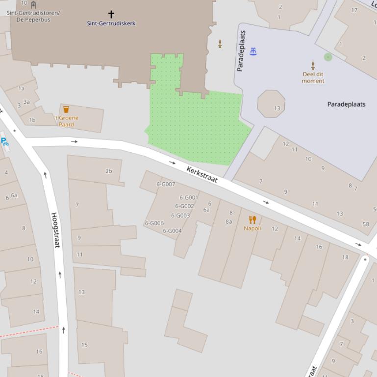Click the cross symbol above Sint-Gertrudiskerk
(111, 14)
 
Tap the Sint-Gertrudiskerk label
(111, 23)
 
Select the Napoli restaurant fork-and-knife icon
(252, 219)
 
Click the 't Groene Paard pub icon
(66, 109)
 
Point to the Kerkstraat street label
(202, 174)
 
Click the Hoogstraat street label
(55, 230)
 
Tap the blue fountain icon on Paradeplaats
(253, 50)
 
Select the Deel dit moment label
(313, 77)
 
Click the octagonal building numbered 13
(271, 104)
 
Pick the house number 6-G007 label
(166, 184)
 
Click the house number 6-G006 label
(154, 223)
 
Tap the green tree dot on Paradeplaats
(328, 57)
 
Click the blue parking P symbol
(4, 141)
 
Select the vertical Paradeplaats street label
(241, 50)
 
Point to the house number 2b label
(108, 171)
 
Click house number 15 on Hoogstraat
(84, 345)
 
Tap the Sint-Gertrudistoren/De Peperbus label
(33, 16)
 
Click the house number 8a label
(229, 221)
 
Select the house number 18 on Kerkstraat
(345, 257)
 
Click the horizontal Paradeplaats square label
(346, 104)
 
